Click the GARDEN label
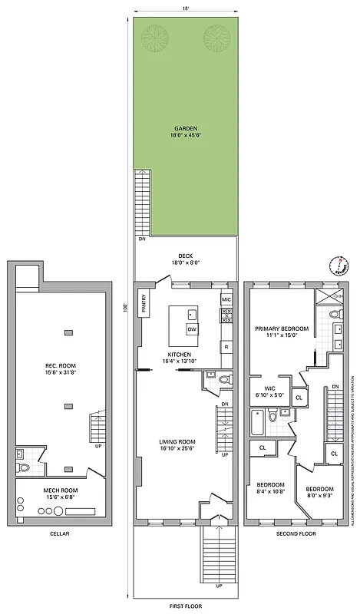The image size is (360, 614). pyautogui.click(x=185, y=128)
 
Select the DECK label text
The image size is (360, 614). pyautogui.click(x=185, y=256)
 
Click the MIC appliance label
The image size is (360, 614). pyautogui.click(x=226, y=299)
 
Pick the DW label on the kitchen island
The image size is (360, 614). pyautogui.click(x=190, y=329)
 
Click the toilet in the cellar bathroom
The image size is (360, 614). pyautogui.click(x=23, y=467)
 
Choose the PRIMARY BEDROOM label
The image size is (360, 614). pyautogui.click(x=282, y=328)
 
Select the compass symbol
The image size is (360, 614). pyautogui.click(x=338, y=266)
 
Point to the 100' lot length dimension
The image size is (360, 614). pyautogui.click(x=123, y=307)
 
